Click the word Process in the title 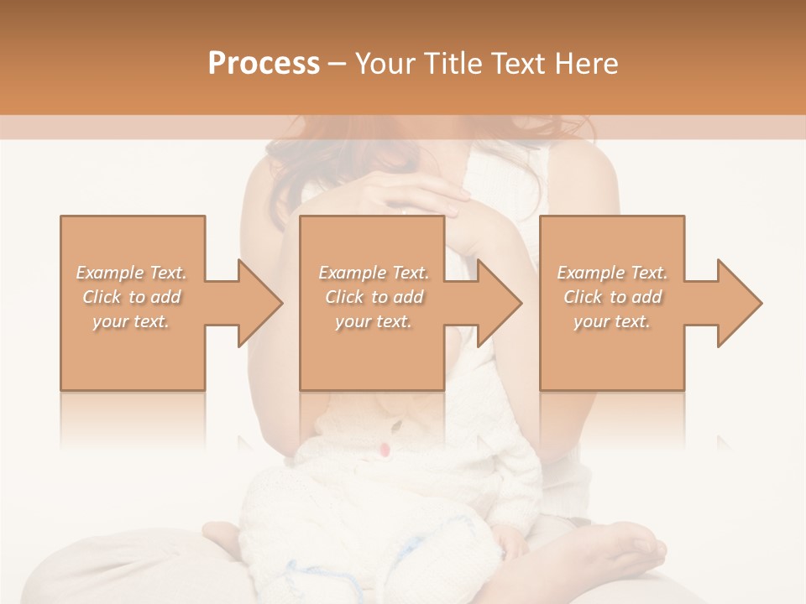tap(264, 64)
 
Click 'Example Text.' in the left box tap(132, 273)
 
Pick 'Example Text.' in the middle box tap(374, 273)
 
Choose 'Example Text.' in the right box tap(612, 273)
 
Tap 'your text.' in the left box tap(132, 321)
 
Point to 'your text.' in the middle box tap(374, 321)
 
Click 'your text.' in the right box tap(612, 321)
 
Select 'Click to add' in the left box tap(132, 297)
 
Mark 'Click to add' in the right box tap(612, 297)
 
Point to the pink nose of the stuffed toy tap(384, 450)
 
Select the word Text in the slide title tap(516, 64)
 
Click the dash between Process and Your tap(337, 64)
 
